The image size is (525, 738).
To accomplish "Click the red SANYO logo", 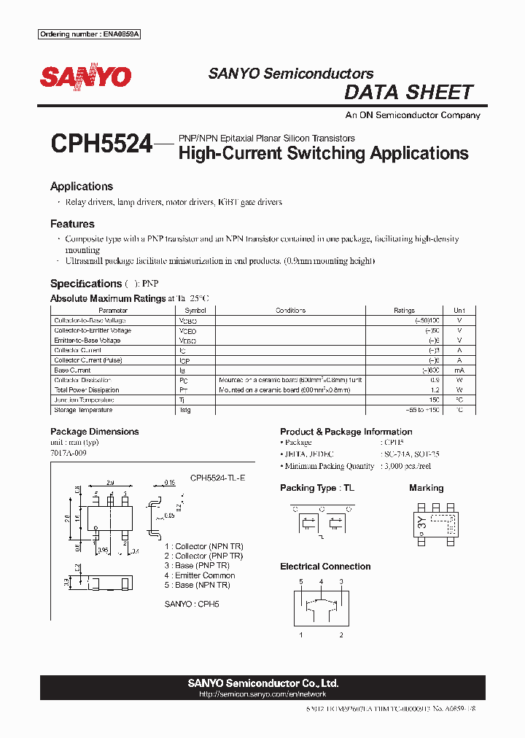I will click(85, 77).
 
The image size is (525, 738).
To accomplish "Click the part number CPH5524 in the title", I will click(101, 144).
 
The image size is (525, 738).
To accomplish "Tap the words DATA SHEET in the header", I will click(408, 93).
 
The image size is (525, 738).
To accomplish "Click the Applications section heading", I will click(82, 187).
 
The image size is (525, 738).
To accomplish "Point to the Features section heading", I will click(72, 224).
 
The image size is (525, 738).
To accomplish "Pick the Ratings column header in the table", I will click(404, 311).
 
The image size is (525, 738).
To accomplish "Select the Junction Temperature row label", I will click(84, 400).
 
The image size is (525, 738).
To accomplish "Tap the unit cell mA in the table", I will click(459, 370).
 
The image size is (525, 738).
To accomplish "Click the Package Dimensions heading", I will click(94, 432).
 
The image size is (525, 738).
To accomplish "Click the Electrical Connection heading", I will click(325, 567).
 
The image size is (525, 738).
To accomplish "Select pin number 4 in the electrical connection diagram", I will click(321, 581).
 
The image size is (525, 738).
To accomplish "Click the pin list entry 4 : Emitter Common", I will click(199, 575).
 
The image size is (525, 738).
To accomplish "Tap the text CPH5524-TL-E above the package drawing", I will click(218, 478).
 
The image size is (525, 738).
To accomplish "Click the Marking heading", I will click(427, 488).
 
